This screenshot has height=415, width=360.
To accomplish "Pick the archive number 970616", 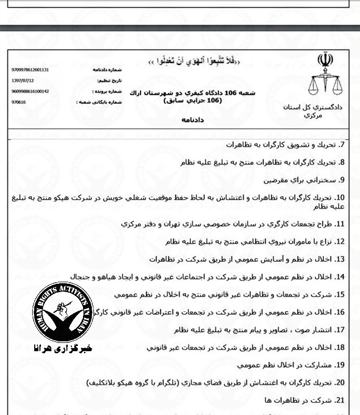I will tap(19, 102).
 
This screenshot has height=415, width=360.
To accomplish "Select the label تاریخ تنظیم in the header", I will tap(108, 81).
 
